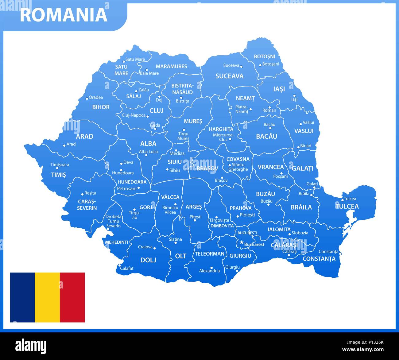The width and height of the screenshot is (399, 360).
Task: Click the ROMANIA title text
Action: click(x=64, y=15)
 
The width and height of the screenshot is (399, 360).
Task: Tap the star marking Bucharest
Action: click(x=242, y=242)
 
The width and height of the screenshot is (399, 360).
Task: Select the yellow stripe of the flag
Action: click(x=47, y=297)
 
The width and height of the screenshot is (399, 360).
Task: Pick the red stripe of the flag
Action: click(x=72, y=297)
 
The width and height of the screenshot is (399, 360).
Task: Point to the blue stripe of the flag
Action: click(x=22, y=297)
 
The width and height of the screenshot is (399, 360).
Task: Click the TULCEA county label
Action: click(x=347, y=206)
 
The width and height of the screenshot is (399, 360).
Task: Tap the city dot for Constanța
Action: click(x=340, y=254)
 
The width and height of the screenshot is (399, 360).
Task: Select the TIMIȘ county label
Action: click(x=58, y=175)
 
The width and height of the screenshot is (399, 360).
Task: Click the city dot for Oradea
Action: click(x=87, y=99)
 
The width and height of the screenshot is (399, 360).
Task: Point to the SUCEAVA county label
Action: click(x=229, y=76)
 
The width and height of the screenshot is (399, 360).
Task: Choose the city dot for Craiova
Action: click(x=154, y=248)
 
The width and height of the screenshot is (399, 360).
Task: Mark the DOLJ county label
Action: click(x=148, y=260)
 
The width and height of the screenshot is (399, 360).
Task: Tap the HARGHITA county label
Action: click(x=221, y=129)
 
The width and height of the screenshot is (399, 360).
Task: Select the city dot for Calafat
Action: click(x=119, y=266)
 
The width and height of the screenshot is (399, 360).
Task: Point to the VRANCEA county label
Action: click(x=270, y=167)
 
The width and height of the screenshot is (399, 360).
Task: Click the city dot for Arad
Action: click(x=64, y=145)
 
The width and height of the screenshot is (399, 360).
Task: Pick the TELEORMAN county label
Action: click(x=210, y=254)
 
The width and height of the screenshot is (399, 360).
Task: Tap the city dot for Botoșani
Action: click(x=260, y=65)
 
